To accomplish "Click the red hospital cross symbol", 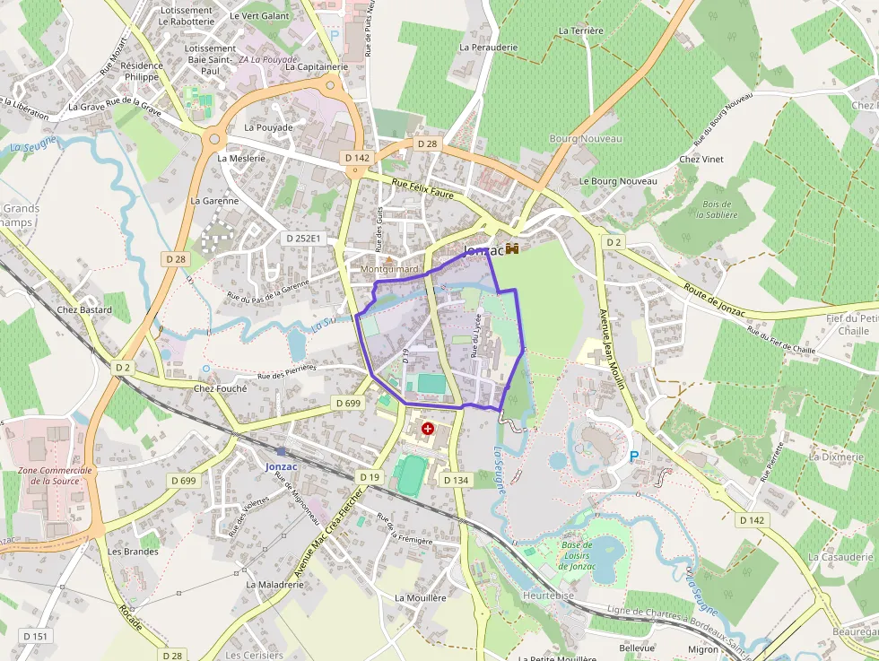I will (427, 430).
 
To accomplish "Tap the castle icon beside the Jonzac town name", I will (513, 248).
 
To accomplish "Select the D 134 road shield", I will (456, 481).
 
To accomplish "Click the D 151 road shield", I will (35, 636).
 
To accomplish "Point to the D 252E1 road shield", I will (302, 239).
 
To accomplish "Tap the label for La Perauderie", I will (490, 47).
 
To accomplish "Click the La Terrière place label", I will (582, 30).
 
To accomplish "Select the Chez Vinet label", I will (701, 160).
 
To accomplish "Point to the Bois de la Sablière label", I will (719, 210).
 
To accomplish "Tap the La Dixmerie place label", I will (836, 457).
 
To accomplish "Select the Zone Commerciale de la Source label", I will (55, 475).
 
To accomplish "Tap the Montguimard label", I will (389, 269).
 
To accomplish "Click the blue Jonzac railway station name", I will (281, 467).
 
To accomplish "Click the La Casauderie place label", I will (840, 557).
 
